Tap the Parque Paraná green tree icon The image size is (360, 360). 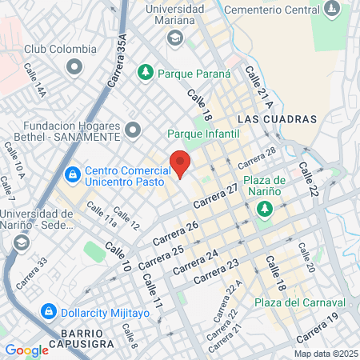pos(145,73)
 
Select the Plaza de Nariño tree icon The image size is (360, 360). pos(264,210)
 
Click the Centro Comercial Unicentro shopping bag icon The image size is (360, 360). pos(72,172)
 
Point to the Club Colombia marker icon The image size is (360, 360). pos(75,66)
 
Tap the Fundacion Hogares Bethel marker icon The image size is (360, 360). pos(133,129)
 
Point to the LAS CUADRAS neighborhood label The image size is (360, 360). pos(278,118)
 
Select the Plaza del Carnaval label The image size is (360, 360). pos(299,302)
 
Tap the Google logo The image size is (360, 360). pos(26,350)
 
